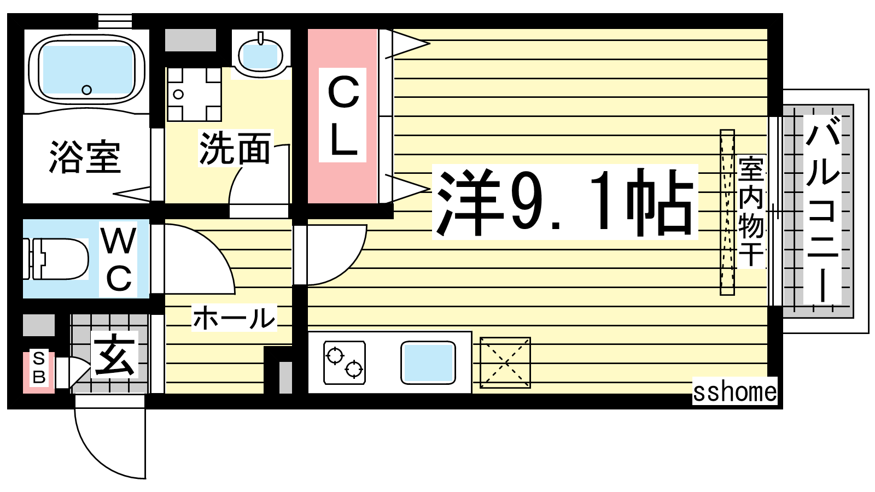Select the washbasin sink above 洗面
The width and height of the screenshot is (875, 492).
(260, 54)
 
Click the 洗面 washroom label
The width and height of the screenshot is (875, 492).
(235, 148)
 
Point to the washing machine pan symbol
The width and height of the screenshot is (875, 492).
(194, 94)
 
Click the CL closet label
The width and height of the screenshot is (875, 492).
(343, 115)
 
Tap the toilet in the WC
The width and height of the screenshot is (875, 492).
(55, 259)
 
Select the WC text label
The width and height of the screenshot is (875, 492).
(119, 259)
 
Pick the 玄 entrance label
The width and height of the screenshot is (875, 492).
(115, 355)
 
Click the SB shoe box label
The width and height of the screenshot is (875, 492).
(39, 367)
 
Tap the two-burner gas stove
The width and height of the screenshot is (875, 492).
(345, 362)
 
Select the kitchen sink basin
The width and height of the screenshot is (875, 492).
(428, 362)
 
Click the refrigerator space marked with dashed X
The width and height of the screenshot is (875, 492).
(505, 363)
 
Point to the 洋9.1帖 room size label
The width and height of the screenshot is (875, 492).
(565, 202)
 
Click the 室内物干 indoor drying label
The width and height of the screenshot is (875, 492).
(751, 211)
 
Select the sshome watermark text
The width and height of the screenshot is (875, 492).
(734, 391)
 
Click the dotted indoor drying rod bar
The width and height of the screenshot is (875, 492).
(727, 213)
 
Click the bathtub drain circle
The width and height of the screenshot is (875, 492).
(87, 90)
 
